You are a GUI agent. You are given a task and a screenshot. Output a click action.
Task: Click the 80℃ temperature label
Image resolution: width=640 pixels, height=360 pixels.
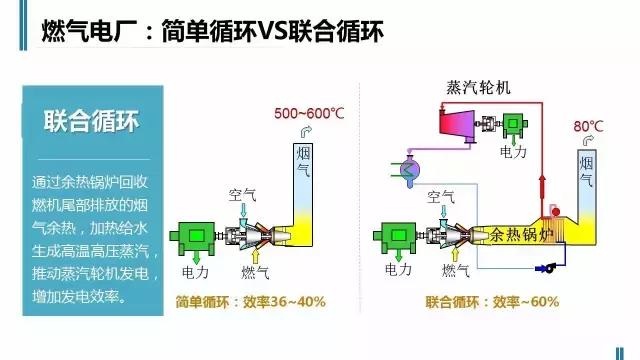[589, 126]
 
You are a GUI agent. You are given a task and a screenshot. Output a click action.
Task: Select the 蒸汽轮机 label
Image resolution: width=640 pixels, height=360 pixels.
[478, 86]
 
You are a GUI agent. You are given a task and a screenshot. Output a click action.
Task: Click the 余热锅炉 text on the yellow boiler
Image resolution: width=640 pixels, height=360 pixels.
[521, 235]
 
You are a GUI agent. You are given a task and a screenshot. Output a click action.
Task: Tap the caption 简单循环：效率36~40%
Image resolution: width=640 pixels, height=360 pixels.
[251, 301]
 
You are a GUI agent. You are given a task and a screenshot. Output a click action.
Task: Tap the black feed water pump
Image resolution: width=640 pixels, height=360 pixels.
[549, 268]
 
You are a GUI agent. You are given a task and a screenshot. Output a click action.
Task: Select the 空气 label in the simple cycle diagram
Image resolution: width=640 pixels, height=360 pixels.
[245, 194]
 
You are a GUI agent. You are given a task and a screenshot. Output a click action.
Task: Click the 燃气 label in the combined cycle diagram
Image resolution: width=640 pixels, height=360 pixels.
[458, 271]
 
